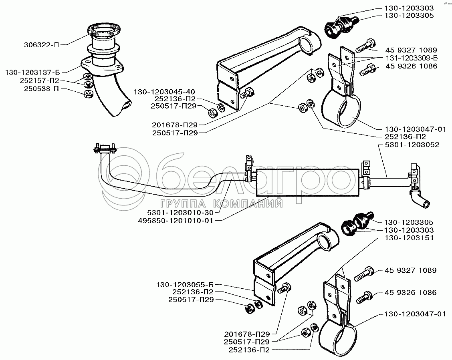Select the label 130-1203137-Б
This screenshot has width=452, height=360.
(33, 73)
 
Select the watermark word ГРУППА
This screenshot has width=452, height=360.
(183, 204)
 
